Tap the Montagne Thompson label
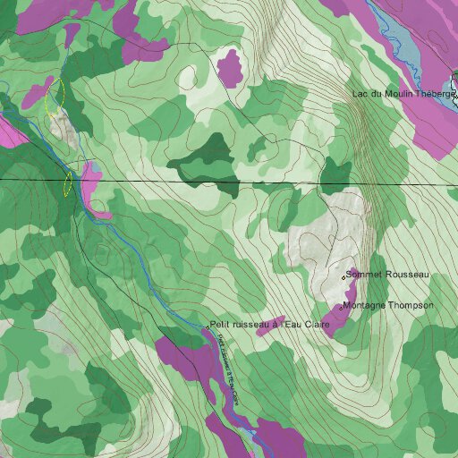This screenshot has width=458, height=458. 388,306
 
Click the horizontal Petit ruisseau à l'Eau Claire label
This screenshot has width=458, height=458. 270,324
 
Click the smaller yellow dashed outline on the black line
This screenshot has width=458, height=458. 67,182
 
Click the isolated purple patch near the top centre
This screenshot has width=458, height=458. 231,67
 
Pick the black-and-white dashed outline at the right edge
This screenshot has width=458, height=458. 454,89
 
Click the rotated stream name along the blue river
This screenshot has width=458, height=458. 223,367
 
